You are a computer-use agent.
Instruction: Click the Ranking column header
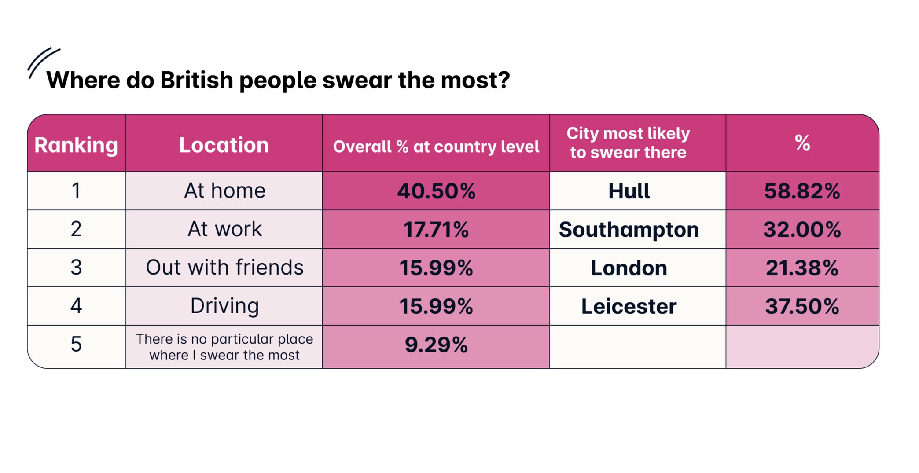point(76,145)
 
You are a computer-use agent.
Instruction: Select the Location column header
point(224,145)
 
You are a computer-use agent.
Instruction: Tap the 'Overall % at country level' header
point(436,147)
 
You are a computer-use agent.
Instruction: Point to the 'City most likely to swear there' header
point(628,143)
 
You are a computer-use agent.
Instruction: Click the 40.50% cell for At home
point(436,191)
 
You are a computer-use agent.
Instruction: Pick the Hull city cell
point(629,191)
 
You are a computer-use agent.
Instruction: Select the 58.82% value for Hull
point(802,191)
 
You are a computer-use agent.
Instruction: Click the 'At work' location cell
point(224,229)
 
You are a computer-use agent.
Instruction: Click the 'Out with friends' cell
point(224,267)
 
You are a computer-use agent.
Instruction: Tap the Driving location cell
point(224,306)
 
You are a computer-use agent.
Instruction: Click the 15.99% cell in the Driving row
point(436,306)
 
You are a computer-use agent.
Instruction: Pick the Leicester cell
point(629,306)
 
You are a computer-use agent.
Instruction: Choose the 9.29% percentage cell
point(436,345)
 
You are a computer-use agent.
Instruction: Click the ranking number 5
point(76,344)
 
